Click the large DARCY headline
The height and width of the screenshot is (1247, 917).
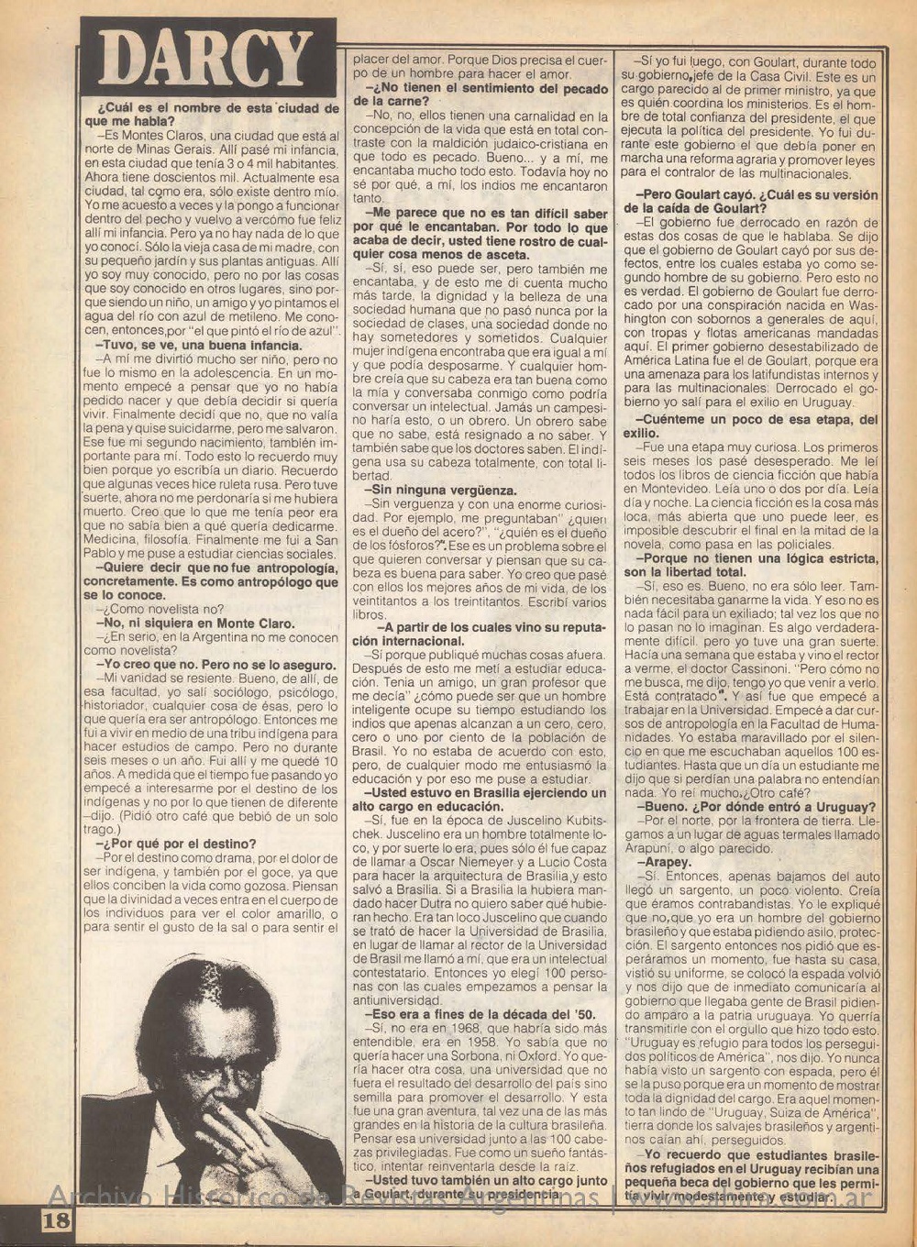205,61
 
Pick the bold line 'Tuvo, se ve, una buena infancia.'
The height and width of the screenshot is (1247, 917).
198,346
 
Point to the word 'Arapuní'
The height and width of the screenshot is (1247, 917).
668,849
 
